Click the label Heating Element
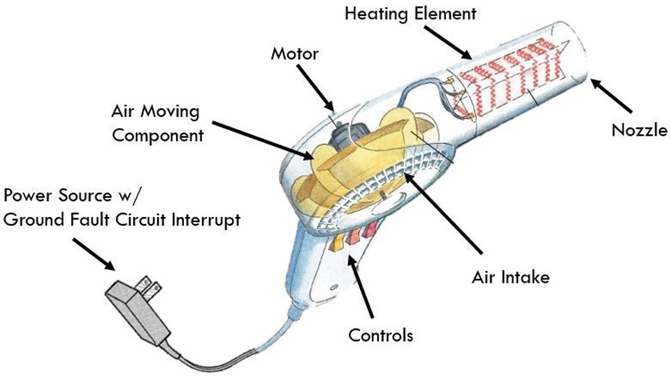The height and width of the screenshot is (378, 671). click(x=410, y=13)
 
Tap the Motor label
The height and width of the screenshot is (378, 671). click(x=295, y=54)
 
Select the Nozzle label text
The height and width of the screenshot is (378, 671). click(x=640, y=129)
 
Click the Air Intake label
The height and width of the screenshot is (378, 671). click(x=510, y=277)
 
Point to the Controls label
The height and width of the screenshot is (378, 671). click(x=380, y=335)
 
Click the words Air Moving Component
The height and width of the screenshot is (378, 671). click(x=157, y=123)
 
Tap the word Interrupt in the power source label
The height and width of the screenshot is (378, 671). click(x=205, y=220)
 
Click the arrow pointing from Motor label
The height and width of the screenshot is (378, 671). click(x=315, y=88)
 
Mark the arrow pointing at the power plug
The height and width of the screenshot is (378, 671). click(x=94, y=255)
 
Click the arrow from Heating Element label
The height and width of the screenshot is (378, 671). click(x=448, y=43)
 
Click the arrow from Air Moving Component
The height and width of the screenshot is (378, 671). click(x=263, y=141)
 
